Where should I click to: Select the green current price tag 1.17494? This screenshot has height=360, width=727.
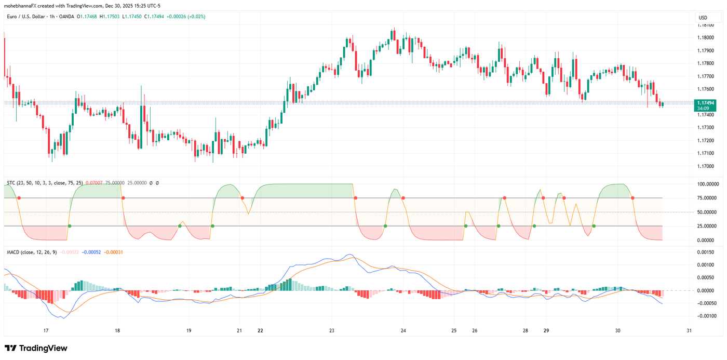point(706,103)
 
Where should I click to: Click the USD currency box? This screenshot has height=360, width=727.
point(703,18)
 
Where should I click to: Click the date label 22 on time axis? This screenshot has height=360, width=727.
point(260,331)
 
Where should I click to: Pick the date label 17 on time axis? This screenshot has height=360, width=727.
point(46,331)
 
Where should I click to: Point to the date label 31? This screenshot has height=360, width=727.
point(689,331)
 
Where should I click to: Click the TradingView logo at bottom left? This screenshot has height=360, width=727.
point(36,348)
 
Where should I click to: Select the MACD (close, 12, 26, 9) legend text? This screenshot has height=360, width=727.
point(31,252)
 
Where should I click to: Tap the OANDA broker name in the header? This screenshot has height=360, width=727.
point(66,17)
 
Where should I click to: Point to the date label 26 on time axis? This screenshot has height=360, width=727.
point(475,331)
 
